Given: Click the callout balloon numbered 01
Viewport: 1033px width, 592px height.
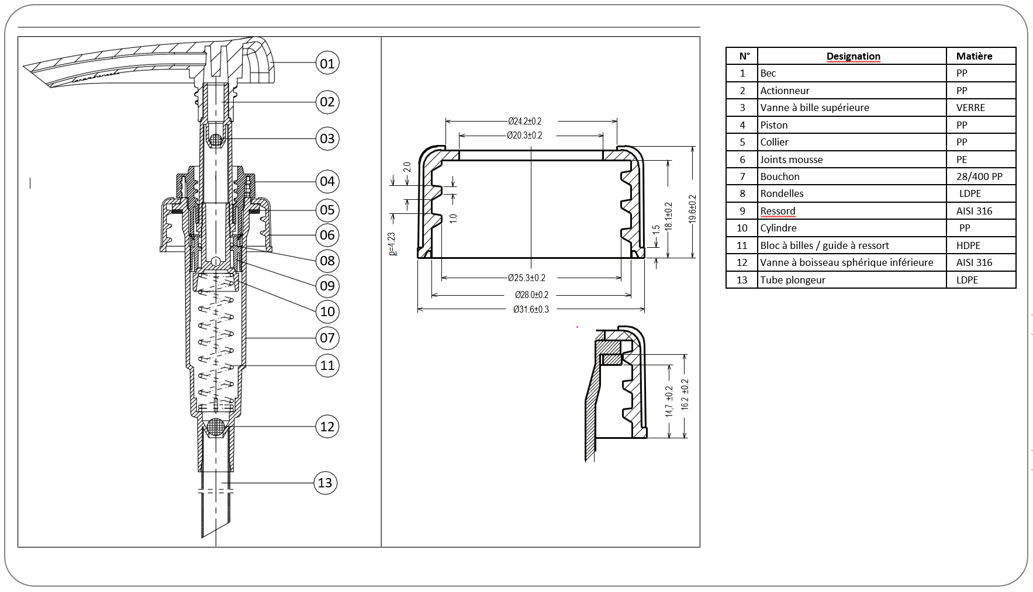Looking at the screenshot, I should (327, 63).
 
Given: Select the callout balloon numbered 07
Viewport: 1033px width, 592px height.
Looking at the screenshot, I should (327, 338).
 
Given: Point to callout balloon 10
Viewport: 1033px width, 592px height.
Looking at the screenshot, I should (327, 311).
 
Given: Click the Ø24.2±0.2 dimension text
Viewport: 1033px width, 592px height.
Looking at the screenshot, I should (524, 122).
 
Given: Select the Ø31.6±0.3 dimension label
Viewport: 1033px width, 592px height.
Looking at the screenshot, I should (531, 310).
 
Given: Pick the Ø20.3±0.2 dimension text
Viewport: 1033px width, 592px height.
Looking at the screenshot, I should (524, 136).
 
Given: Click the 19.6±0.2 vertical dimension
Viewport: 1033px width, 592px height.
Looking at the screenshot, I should (692, 209).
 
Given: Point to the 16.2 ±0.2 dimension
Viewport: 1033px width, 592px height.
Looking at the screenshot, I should (685, 394).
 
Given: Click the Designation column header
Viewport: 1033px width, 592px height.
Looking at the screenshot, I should (853, 57).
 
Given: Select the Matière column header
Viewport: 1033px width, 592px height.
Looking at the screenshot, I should (974, 57).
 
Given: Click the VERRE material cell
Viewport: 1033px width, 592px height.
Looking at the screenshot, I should (970, 108).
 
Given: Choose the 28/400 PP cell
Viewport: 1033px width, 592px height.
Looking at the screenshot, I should (979, 176).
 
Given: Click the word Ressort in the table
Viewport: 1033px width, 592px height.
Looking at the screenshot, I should (778, 211).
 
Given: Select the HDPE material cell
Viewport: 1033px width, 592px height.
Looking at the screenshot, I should (968, 245).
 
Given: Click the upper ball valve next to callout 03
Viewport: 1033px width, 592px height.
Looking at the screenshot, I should (216, 140).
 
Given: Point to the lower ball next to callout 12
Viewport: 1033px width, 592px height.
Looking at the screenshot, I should (216, 427).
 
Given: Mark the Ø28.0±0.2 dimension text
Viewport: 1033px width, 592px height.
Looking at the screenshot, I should (531, 295).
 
